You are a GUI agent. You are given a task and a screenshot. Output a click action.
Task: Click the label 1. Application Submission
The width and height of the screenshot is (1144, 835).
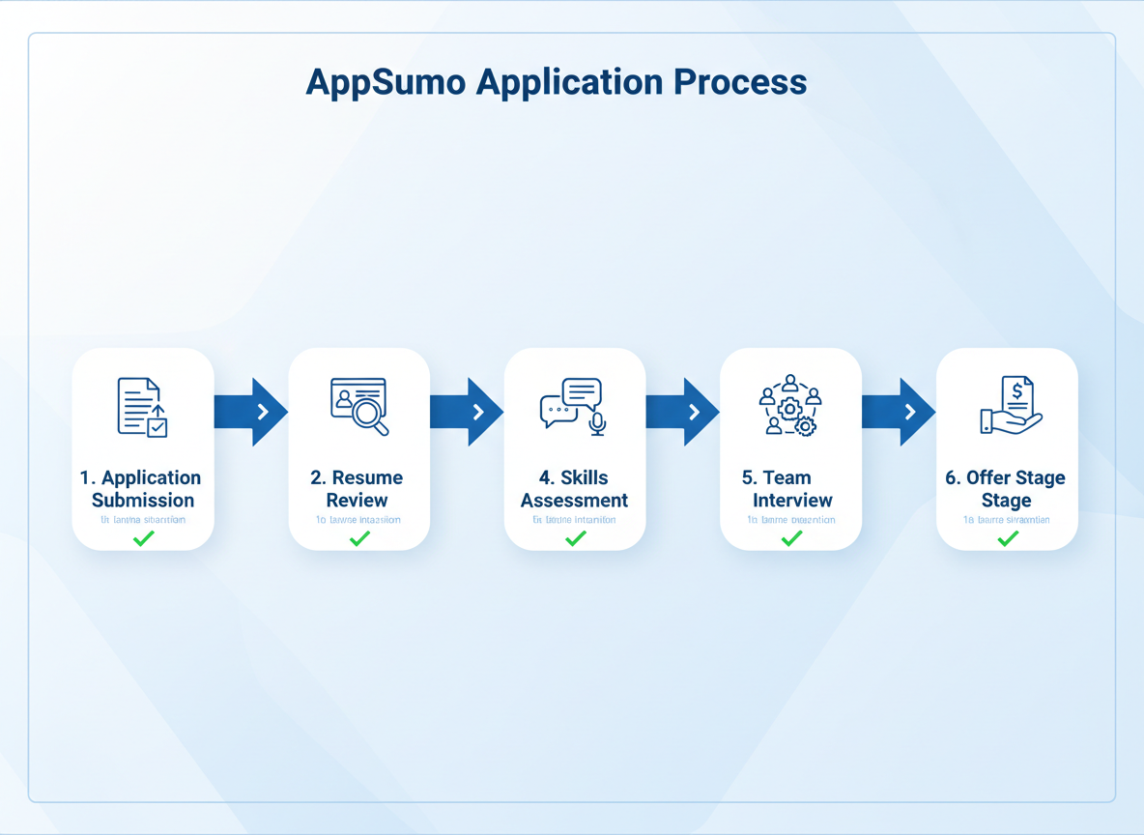(x=142, y=489)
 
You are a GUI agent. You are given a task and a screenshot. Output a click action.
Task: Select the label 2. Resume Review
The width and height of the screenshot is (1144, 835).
(x=357, y=489)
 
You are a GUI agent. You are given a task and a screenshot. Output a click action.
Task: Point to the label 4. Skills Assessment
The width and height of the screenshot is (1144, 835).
(x=574, y=489)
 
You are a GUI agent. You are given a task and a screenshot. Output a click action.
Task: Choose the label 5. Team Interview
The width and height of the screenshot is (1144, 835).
(x=791, y=489)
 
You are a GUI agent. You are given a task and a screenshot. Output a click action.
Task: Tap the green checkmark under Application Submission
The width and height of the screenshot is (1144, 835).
(x=143, y=538)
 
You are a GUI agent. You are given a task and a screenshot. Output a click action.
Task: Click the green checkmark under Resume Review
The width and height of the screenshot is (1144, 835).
(x=359, y=538)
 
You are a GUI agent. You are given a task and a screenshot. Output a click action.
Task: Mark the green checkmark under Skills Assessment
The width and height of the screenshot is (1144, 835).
(x=575, y=538)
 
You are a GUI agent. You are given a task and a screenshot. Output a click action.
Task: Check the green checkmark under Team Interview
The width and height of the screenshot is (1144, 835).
(x=791, y=538)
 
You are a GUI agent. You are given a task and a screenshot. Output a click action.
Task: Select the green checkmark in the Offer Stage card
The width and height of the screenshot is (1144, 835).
(x=1008, y=538)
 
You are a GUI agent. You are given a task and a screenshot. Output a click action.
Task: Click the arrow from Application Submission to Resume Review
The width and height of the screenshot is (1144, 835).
(x=252, y=413)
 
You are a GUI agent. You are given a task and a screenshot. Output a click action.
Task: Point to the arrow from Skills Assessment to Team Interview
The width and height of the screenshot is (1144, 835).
(x=683, y=413)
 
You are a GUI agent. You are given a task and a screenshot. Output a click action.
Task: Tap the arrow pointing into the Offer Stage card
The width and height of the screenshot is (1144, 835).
(x=900, y=413)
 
